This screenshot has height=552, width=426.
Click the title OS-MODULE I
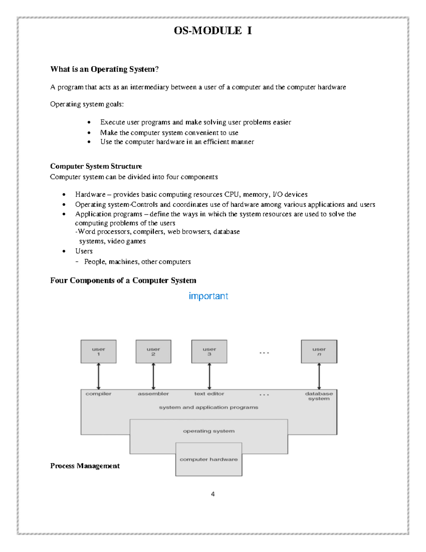coord(213,31)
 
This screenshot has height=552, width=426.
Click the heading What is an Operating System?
coord(104,69)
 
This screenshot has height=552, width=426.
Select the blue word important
coord(208,296)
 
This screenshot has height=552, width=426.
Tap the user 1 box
coord(98,352)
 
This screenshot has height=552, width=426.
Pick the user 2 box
coord(153,352)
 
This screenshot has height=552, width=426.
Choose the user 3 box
coord(209,352)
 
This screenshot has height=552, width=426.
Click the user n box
coord(319,352)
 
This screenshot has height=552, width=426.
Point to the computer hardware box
coord(209,459)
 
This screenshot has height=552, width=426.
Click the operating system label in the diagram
coord(209,431)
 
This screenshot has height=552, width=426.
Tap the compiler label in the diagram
coord(98,394)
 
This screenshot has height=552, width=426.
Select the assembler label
coord(153,394)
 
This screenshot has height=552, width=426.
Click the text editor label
coord(209,394)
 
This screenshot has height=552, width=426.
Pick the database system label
coord(319,396)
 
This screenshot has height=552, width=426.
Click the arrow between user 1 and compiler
coord(98,376)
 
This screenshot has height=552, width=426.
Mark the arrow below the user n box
coord(319,376)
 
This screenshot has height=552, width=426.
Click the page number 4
coord(213,494)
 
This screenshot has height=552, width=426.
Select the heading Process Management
coord(85,466)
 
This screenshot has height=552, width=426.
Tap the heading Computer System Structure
coord(96,166)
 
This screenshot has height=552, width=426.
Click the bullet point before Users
coord(64,251)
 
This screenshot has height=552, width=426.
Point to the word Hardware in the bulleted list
coord(90,194)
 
